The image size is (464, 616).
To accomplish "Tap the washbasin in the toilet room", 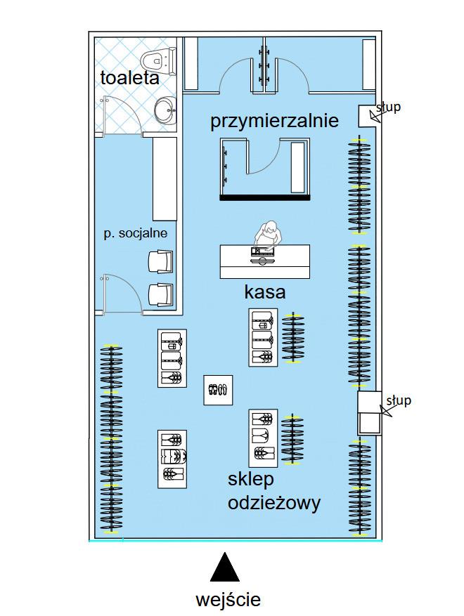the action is pos(165,110).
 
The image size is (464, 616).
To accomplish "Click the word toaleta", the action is pos(130,77).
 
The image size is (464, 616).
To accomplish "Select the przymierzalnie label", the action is pos(274,120).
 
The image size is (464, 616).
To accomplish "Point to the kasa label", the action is pos(264,292).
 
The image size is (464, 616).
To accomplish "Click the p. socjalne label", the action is pos(136,233).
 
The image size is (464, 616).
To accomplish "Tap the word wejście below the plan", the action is pos(228,600).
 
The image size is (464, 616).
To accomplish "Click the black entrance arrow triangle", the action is pos(224,567).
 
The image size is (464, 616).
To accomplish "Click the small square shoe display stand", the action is pos(218,390).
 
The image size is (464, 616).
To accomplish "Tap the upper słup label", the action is pos(388,107).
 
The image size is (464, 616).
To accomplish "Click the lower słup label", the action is pos(399,400).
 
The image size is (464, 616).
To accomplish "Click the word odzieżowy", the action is pos(274,503).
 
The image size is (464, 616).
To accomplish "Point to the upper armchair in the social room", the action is pos(160,262).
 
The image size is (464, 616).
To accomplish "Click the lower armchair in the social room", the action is pos(160,294).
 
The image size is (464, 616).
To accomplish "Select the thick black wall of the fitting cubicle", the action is pos(264,198).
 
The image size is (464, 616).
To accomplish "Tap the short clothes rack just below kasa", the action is pos(292,337).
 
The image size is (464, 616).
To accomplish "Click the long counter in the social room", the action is pos(165,178).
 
